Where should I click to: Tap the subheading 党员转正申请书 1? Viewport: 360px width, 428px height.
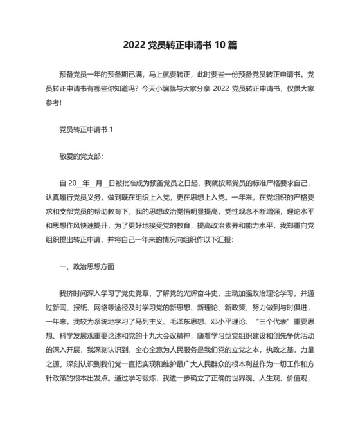coord(85,129)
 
